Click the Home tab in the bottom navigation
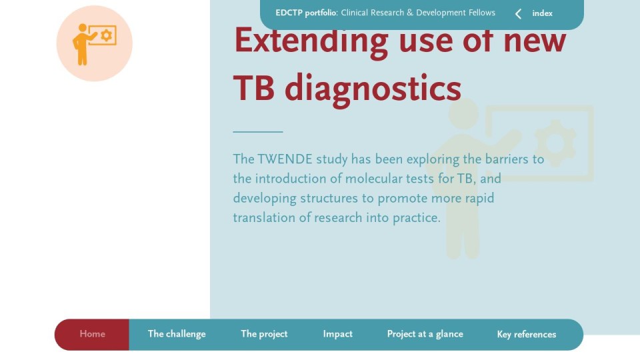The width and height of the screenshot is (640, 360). [92, 334]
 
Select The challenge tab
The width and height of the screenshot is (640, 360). [177, 334]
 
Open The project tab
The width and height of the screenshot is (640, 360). [264, 334]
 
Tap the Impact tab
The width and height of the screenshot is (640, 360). [337, 334]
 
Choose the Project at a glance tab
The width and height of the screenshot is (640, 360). [425, 334]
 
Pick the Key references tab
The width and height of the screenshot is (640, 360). [527, 335]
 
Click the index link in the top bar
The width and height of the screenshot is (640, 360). [543, 13]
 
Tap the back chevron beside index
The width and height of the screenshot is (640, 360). [518, 14]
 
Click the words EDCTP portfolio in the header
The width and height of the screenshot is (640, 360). [306, 13]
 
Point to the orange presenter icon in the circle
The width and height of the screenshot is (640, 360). [94, 44]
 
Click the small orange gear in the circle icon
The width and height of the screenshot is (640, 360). [107, 35]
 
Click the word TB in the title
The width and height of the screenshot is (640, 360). [253, 88]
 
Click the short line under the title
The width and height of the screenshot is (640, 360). [258, 132]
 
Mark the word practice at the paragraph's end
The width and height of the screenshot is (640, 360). [416, 218]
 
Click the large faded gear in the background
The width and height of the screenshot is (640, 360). [555, 143]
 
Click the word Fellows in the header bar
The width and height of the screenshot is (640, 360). [481, 13]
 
